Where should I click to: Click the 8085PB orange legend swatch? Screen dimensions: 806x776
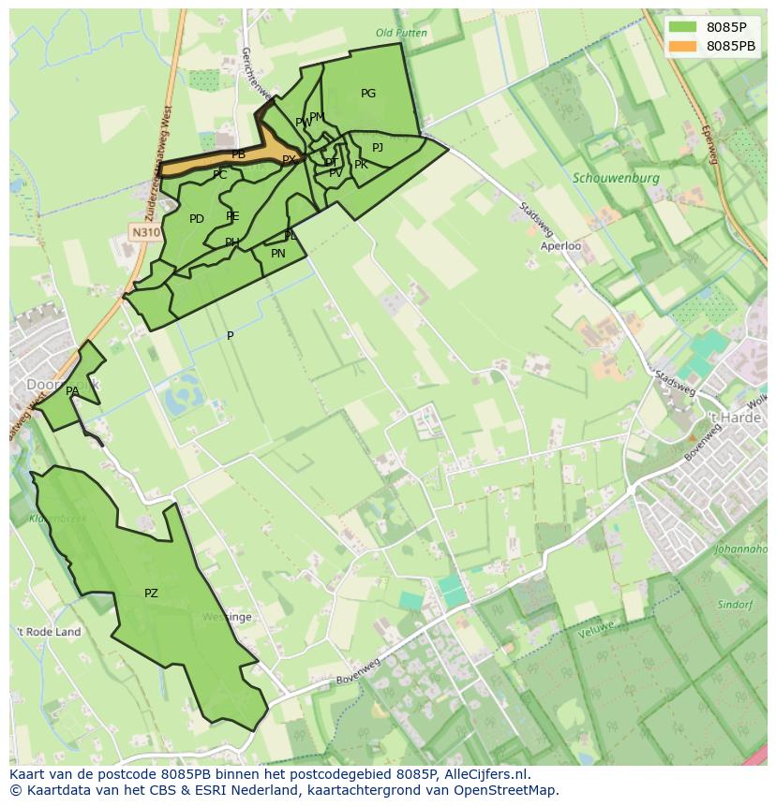pos(684,46)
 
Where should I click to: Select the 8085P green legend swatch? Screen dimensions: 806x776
pos(684,27)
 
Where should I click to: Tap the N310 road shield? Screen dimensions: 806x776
pos(144,232)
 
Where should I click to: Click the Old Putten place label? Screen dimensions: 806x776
pos(401,33)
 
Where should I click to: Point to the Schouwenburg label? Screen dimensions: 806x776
pos(616,177)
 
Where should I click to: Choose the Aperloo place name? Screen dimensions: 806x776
pos(560,246)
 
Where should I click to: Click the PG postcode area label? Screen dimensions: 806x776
pos(368,94)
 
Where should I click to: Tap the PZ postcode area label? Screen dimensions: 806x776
pos(151,594)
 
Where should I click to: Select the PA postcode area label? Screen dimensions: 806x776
pos(72,391)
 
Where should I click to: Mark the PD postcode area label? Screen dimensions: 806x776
pos(196,219)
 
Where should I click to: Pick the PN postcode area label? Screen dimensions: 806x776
pos(277,254)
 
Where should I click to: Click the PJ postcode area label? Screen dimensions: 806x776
pos(378,148)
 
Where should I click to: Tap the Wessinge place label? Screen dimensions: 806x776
pos(226,617)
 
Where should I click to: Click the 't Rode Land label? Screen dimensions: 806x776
pos(49,632)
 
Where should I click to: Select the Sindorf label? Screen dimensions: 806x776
pos(735,605)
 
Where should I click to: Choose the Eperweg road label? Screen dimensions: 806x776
pos(709,145)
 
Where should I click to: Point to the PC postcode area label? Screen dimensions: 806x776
pos(219,175)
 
